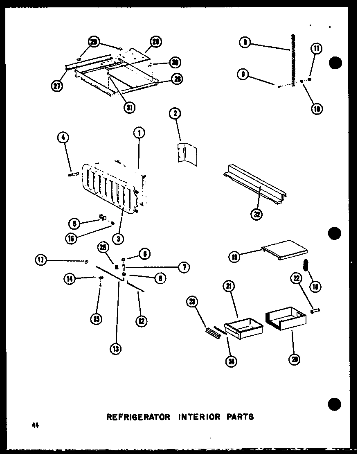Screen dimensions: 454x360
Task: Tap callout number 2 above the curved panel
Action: click(175, 113)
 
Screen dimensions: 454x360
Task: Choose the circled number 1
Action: click(139, 133)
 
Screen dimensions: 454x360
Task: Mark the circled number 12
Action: click(142, 321)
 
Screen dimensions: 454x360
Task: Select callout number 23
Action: click(192, 302)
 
